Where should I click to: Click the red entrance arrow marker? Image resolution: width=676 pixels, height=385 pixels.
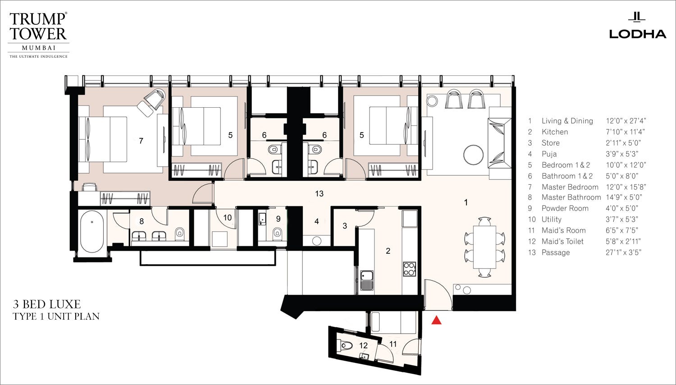coord(436,320)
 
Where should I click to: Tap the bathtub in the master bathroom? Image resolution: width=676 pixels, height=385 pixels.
coord(92,232)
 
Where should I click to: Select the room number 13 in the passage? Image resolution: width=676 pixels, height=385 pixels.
coord(319,193)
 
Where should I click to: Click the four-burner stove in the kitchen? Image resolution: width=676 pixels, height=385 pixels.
coord(410,269)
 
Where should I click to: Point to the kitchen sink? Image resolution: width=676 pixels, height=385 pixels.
coord(367,280)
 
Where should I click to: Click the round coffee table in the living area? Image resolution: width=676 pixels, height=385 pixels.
coord(473,155)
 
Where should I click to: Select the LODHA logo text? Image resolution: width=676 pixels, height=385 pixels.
coord(637,34)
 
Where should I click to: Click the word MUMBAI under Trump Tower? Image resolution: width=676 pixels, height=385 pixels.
coord(39,48)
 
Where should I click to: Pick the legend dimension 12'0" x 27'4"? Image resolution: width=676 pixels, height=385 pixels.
coord(626,121)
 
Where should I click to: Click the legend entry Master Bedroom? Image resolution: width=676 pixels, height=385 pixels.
coord(570,187)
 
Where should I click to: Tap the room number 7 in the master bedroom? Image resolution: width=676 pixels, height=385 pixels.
coord(141,141)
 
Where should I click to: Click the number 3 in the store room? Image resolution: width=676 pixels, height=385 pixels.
coord(345,226)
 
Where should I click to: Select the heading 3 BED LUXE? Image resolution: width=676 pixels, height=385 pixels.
coord(47,304)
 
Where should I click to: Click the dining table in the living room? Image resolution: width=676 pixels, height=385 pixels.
coord(484,247)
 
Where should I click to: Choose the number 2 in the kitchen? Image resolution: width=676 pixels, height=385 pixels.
coord(388,251)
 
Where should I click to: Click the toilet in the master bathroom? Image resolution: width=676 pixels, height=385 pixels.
coord(179,234)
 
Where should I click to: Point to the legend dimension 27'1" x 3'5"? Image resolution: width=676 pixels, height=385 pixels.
coord(623,252)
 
